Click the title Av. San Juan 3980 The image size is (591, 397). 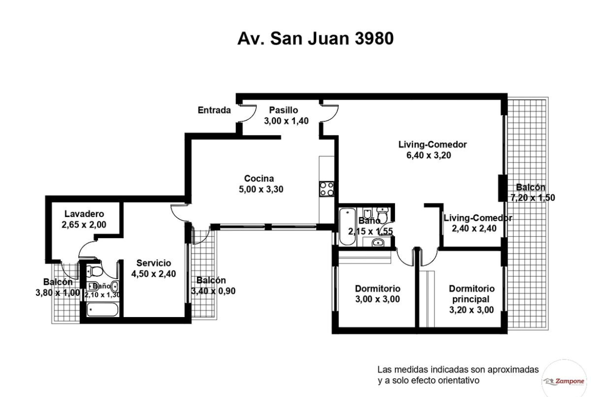(316, 38)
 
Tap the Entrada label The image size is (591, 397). (214, 110)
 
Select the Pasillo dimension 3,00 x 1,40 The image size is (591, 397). (286, 121)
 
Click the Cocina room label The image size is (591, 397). (259, 179)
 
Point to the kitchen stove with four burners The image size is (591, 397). (327, 189)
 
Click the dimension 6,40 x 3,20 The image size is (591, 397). (428, 155)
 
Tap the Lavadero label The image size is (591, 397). (84, 214)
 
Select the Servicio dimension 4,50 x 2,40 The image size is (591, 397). (154, 274)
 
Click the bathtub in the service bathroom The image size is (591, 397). (103, 310)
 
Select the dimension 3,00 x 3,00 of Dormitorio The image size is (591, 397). (377, 299)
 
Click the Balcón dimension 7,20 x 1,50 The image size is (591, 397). (532, 198)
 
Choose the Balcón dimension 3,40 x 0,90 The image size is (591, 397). (213, 291)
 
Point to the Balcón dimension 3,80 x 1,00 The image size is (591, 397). (58, 293)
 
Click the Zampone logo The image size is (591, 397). (564, 381)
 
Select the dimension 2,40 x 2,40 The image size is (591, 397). (474, 229)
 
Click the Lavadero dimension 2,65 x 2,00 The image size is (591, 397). (84, 225)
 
